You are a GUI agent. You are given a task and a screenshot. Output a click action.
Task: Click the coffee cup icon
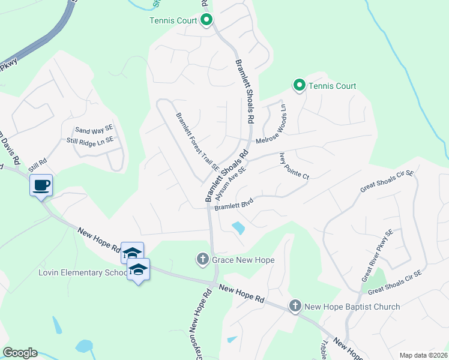41,185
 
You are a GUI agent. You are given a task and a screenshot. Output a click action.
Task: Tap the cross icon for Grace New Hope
202,260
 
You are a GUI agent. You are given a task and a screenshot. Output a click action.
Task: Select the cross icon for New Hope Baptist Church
295,306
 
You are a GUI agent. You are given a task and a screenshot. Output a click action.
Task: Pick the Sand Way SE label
94,130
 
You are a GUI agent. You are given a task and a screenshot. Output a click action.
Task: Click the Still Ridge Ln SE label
89,141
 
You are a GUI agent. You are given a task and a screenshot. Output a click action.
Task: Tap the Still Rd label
38,162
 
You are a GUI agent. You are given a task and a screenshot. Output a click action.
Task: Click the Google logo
20,353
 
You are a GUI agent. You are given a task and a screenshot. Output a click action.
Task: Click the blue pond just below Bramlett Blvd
238,228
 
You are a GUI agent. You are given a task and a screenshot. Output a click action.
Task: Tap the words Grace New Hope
243,260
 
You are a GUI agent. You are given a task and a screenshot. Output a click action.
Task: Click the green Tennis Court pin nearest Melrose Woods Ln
299,85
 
